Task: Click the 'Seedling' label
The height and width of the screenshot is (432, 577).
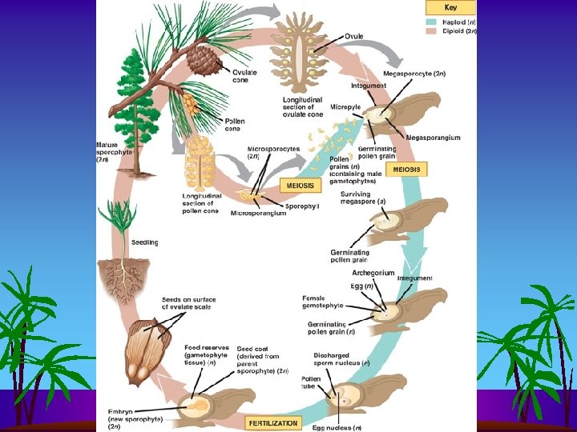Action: [x=145, y=242]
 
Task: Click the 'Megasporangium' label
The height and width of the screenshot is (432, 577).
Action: [x=434, y=138]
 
